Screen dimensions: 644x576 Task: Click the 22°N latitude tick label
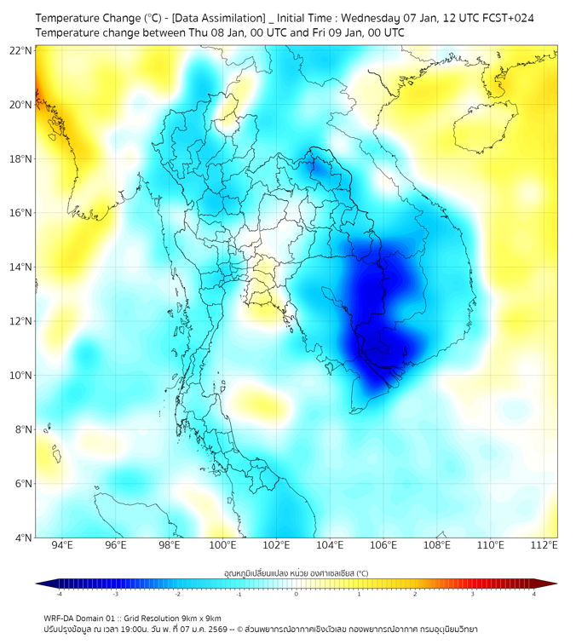point(21,51)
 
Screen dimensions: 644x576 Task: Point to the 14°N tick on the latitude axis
point(21,267)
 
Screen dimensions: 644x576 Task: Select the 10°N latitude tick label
point(21,376)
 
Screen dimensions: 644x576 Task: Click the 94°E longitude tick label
point(62,546)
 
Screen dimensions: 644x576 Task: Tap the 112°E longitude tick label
point(544,546)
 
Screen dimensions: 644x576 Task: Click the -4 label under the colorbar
point(59,594)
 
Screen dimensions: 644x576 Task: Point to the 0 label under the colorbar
point(297,594)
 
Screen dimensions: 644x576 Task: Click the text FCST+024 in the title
point(509,17)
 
